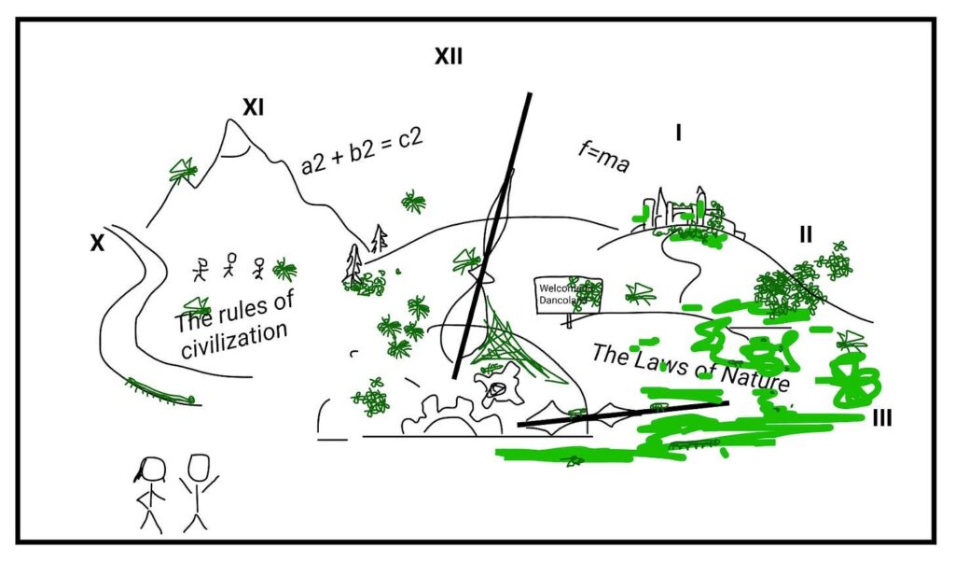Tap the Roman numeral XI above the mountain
pos(253,108)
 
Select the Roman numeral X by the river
pos(97,243)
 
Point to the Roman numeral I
pos(678,133)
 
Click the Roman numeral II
pos(805,234)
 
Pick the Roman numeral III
pos(881,419)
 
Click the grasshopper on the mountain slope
pos(182,171)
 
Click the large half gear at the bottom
pos(436,416)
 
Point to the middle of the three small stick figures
pos(230,268)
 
